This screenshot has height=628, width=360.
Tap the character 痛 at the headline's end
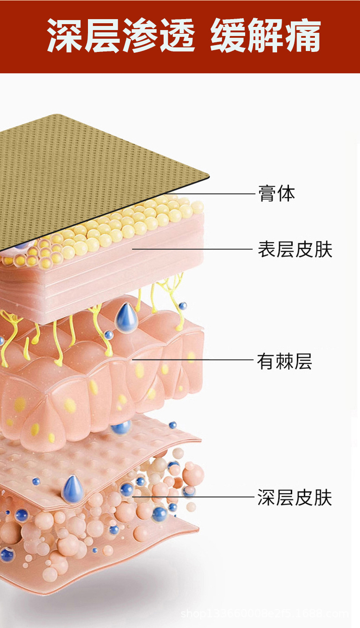pos(303,36)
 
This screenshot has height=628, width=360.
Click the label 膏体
pos(277,194)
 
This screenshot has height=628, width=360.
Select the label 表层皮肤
pos(295,250)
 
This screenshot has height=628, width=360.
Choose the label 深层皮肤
pos(295,497)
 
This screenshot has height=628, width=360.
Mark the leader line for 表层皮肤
pos(196,250)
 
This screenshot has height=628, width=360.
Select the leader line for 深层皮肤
pos(196,497)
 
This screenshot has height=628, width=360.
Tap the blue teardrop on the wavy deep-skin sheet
pos(73,489)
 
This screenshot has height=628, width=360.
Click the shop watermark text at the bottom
pos(264,613)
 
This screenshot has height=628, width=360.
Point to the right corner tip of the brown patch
pos(208,175)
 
